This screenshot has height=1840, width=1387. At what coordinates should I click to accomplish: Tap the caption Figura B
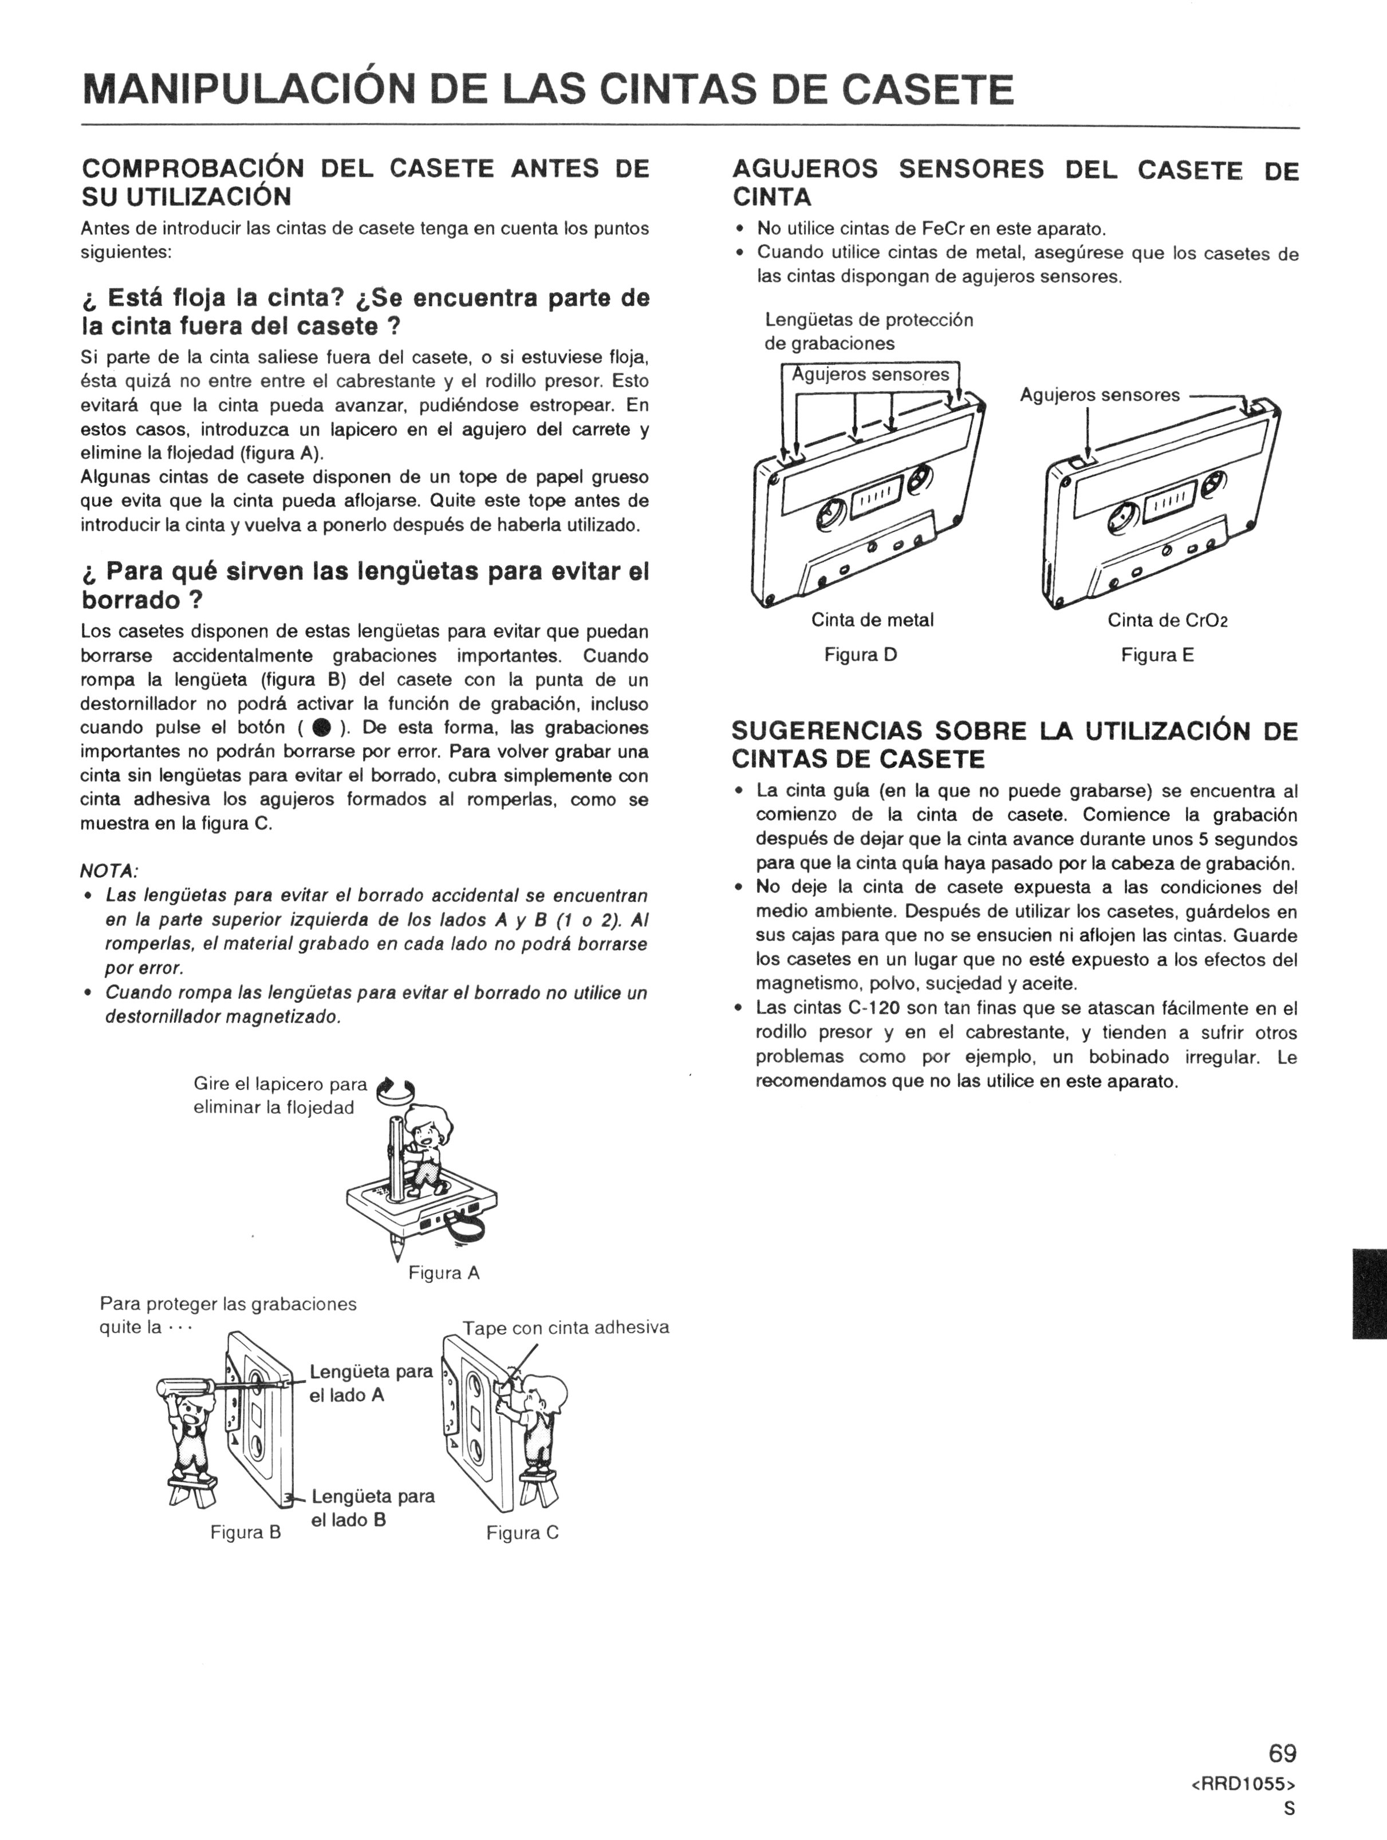click(x=246, y=1532)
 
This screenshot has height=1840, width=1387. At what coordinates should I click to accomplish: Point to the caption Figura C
click(x=522, y=1533)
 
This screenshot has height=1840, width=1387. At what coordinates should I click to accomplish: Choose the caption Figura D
click(x=860, y=655)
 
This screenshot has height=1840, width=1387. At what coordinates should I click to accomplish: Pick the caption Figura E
click(x=1157, y=655)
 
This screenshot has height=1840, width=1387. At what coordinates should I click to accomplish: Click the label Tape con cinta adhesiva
click(x=566, y=1327)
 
